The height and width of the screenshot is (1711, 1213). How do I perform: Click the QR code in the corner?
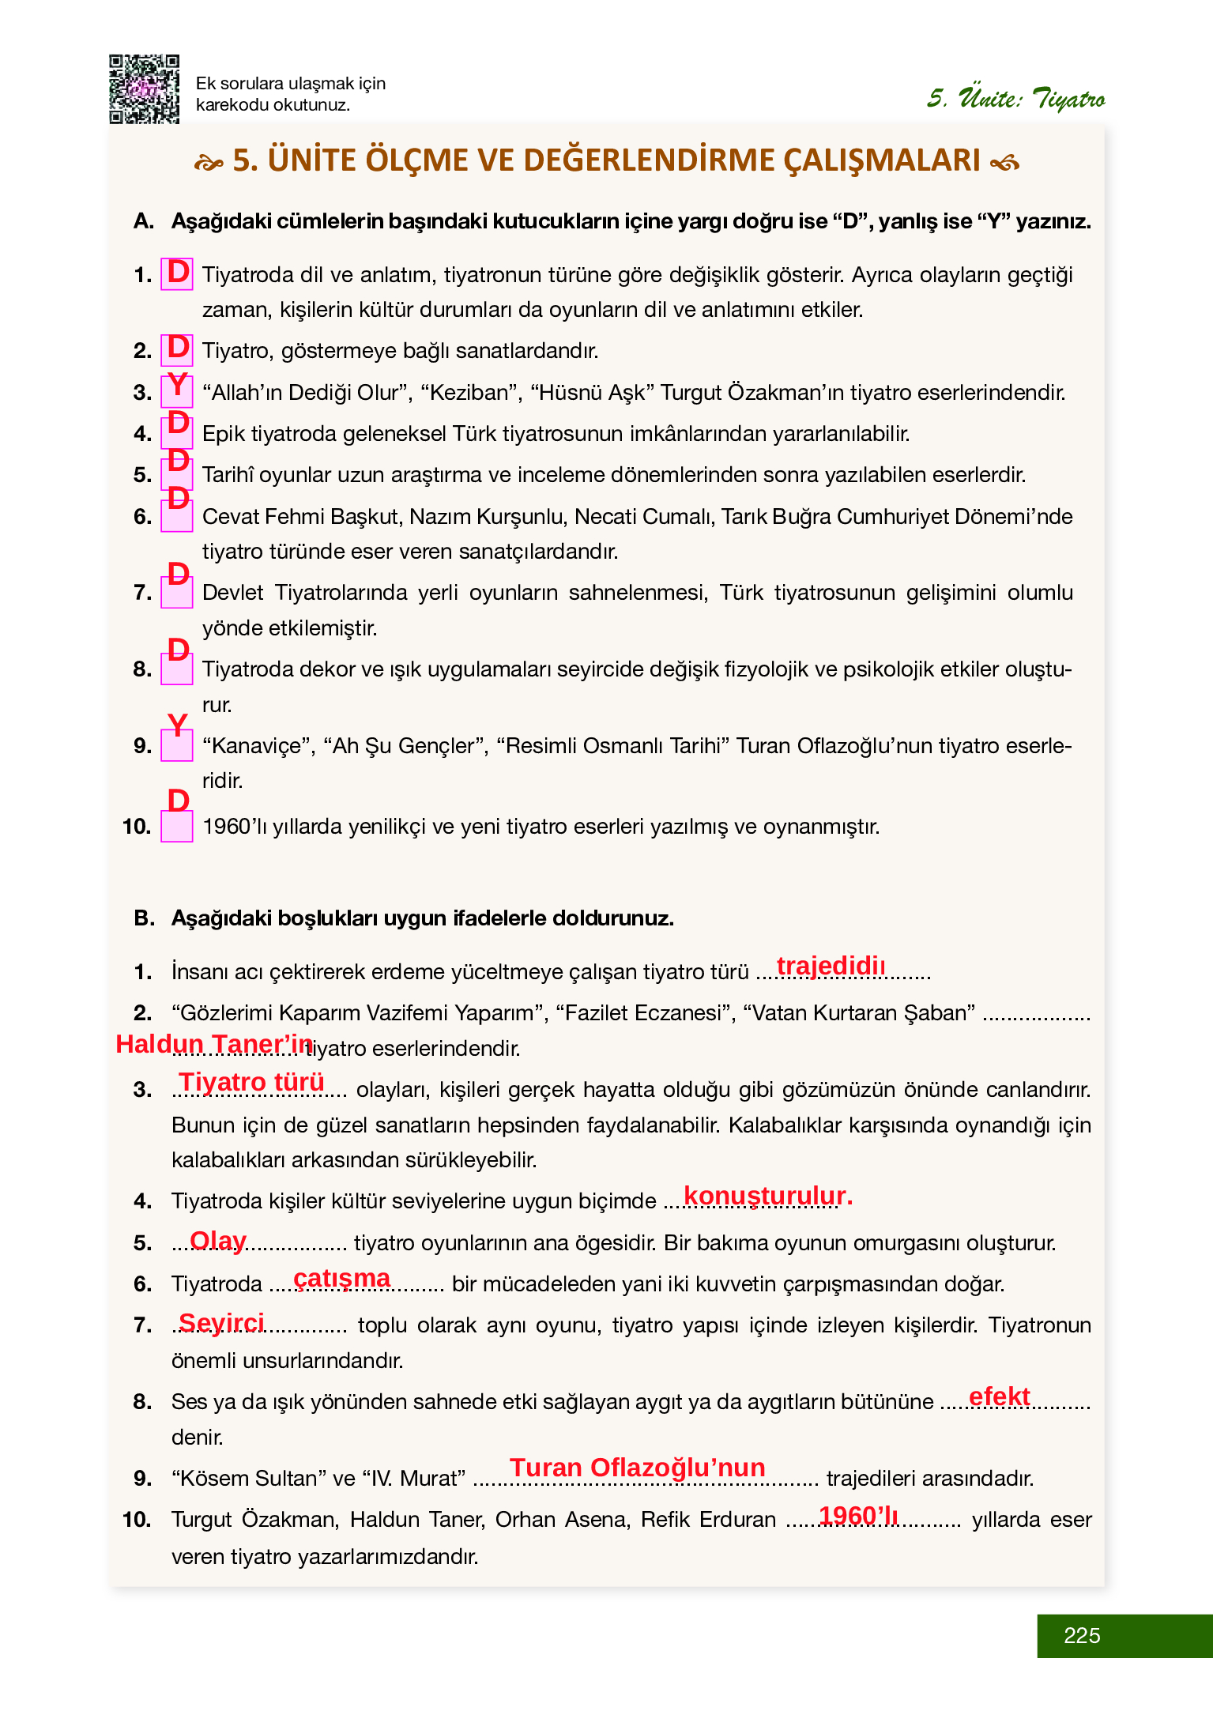click(x=144, y=89)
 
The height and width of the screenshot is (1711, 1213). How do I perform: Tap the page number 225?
click(x=1082, y=1635)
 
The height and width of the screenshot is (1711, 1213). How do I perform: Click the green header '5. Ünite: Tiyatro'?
click(x=1015, y=99)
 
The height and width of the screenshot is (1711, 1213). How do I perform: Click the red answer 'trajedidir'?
click(x=831, y=966)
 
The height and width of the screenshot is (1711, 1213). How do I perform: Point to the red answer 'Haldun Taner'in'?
click(x=214, y=1044)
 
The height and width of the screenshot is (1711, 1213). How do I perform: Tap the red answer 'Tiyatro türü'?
click(x=251, y=1081)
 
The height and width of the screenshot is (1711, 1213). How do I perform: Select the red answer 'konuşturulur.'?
click(x=767, y=1196)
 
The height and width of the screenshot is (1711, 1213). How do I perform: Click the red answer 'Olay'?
click(x=218, y=1240)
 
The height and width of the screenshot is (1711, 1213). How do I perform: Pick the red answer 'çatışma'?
click(x=341, y=1278)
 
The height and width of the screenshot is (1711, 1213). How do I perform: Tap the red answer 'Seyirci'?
click(x=221, y=1322)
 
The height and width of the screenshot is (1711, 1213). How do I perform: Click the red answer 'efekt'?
click(x=999, y=1396)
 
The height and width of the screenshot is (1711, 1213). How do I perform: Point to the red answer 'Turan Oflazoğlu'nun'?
click(x=637, y=1468)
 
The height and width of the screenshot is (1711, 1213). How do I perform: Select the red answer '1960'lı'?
click(x=858, y=1515)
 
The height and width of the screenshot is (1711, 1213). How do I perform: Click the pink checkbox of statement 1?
click(x=177, y=274)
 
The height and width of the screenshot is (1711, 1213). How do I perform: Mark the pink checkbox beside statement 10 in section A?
click(x=177, y=827)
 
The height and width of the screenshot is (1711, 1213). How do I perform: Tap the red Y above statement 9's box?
click(x=178, y=724)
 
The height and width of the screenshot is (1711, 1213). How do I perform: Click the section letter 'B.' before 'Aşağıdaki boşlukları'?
click(x=144, y=918)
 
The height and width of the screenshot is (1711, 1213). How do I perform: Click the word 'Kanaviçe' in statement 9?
click(x=258, y=746)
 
